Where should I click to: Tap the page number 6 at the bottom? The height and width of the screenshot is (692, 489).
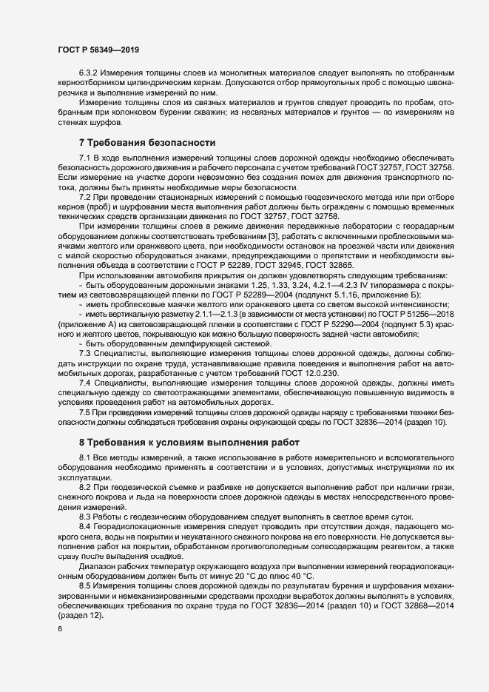pos(59,628)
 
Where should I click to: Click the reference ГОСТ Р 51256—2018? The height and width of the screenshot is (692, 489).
pos(406,315)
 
